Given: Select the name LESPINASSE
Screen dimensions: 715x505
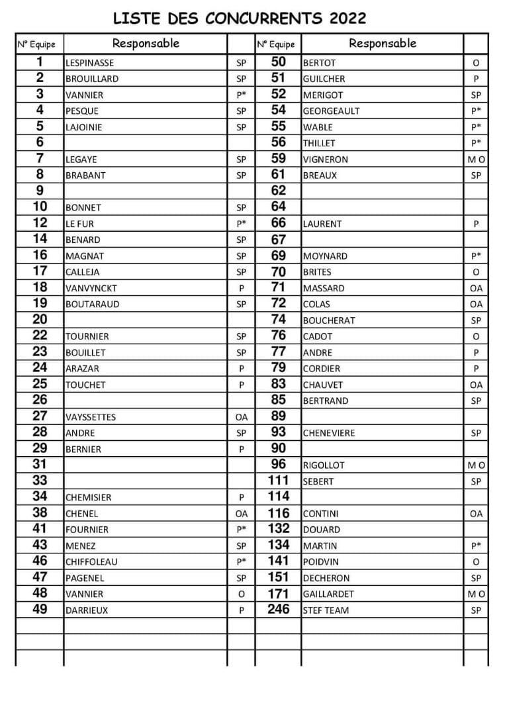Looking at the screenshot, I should pos(89,63).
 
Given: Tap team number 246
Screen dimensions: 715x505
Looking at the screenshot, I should pos(279,609).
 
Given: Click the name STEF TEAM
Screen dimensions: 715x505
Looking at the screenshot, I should pos(326,610).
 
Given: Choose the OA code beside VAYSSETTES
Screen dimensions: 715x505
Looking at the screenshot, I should pos(241,417).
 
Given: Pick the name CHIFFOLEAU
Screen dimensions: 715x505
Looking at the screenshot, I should pos(91,561).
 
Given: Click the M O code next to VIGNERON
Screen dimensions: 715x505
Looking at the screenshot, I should pos(476,160).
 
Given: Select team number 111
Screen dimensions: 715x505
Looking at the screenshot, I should pos(279,481).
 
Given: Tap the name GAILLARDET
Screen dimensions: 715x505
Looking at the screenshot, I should pos(328,594).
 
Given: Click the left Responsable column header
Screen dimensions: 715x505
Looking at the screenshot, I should pos(146,44).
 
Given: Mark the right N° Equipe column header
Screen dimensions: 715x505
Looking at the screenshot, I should pos(275,44).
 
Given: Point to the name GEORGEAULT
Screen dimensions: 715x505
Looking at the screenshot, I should pos(331,111).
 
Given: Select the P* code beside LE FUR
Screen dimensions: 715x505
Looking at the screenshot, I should pos(241,224).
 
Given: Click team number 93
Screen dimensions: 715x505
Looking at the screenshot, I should pos(279,432).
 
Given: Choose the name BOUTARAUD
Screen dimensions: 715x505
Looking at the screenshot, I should pos(92,305).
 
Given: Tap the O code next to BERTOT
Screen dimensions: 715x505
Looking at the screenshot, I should pos(476,63).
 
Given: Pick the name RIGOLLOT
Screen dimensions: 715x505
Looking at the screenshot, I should pos(324,465).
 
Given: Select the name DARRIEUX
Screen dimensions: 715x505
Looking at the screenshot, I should pos(86,610).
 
